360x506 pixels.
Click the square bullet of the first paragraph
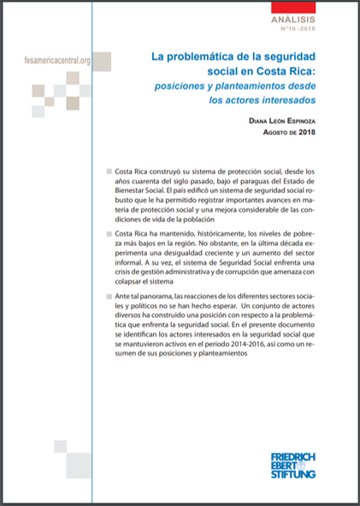(105, 172)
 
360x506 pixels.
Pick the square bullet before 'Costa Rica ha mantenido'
(105, 233)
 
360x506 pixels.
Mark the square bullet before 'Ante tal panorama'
(105, 296)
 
